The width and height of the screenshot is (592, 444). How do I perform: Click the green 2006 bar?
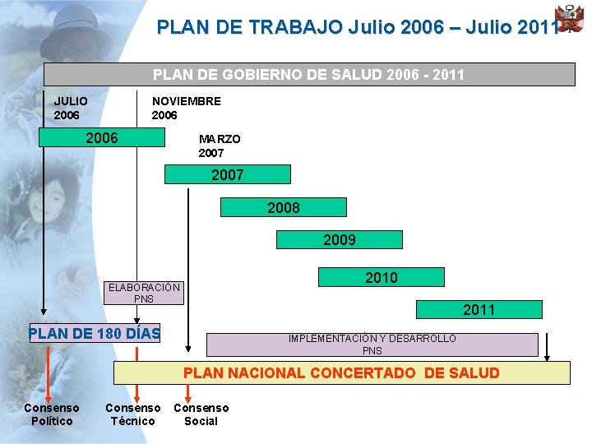pyautogui.click(x=102, y=137)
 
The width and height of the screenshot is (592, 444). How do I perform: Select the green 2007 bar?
pyautogui.click(x=228, y=174)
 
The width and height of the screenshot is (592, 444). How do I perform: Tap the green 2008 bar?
pyautogui.click(x=284, y=207)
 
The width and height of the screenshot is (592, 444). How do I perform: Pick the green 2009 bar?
pyautogui.click(x=339, y=240)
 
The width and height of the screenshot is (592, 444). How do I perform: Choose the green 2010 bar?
pyautogui.click(x=381, y=278)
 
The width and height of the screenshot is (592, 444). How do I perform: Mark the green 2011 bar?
pyautogui.click(x=479, y=309)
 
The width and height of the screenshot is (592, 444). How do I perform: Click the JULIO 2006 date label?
pyautogui.click(x=71, y=108)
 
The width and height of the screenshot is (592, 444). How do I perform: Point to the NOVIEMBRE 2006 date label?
pyautogui.click(x=186, y=108)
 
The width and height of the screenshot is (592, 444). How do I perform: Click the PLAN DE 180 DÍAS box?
pyautogui.click(x=95, y=334)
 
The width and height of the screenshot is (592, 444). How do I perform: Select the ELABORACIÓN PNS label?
pyautogui.click(x=144, y=293)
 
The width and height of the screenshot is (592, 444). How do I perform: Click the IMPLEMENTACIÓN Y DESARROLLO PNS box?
pyautogui.click(x=372, y=344)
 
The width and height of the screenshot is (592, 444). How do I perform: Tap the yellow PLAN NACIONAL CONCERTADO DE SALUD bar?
pyautogui.click(x=341, y=373)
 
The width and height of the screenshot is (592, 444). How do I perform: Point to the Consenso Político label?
pyautogui.click(x=52, y=414)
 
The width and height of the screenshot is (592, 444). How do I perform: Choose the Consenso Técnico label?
pyautogui.click(x=133, y=414)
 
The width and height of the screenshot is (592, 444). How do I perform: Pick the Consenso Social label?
pyautogui.click(x=201, y=414)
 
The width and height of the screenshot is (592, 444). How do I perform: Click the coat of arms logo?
pyautogui.click(x=569, y=19)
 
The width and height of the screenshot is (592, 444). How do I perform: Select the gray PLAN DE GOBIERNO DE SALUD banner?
pyautogui.click(x=309, y=75)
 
